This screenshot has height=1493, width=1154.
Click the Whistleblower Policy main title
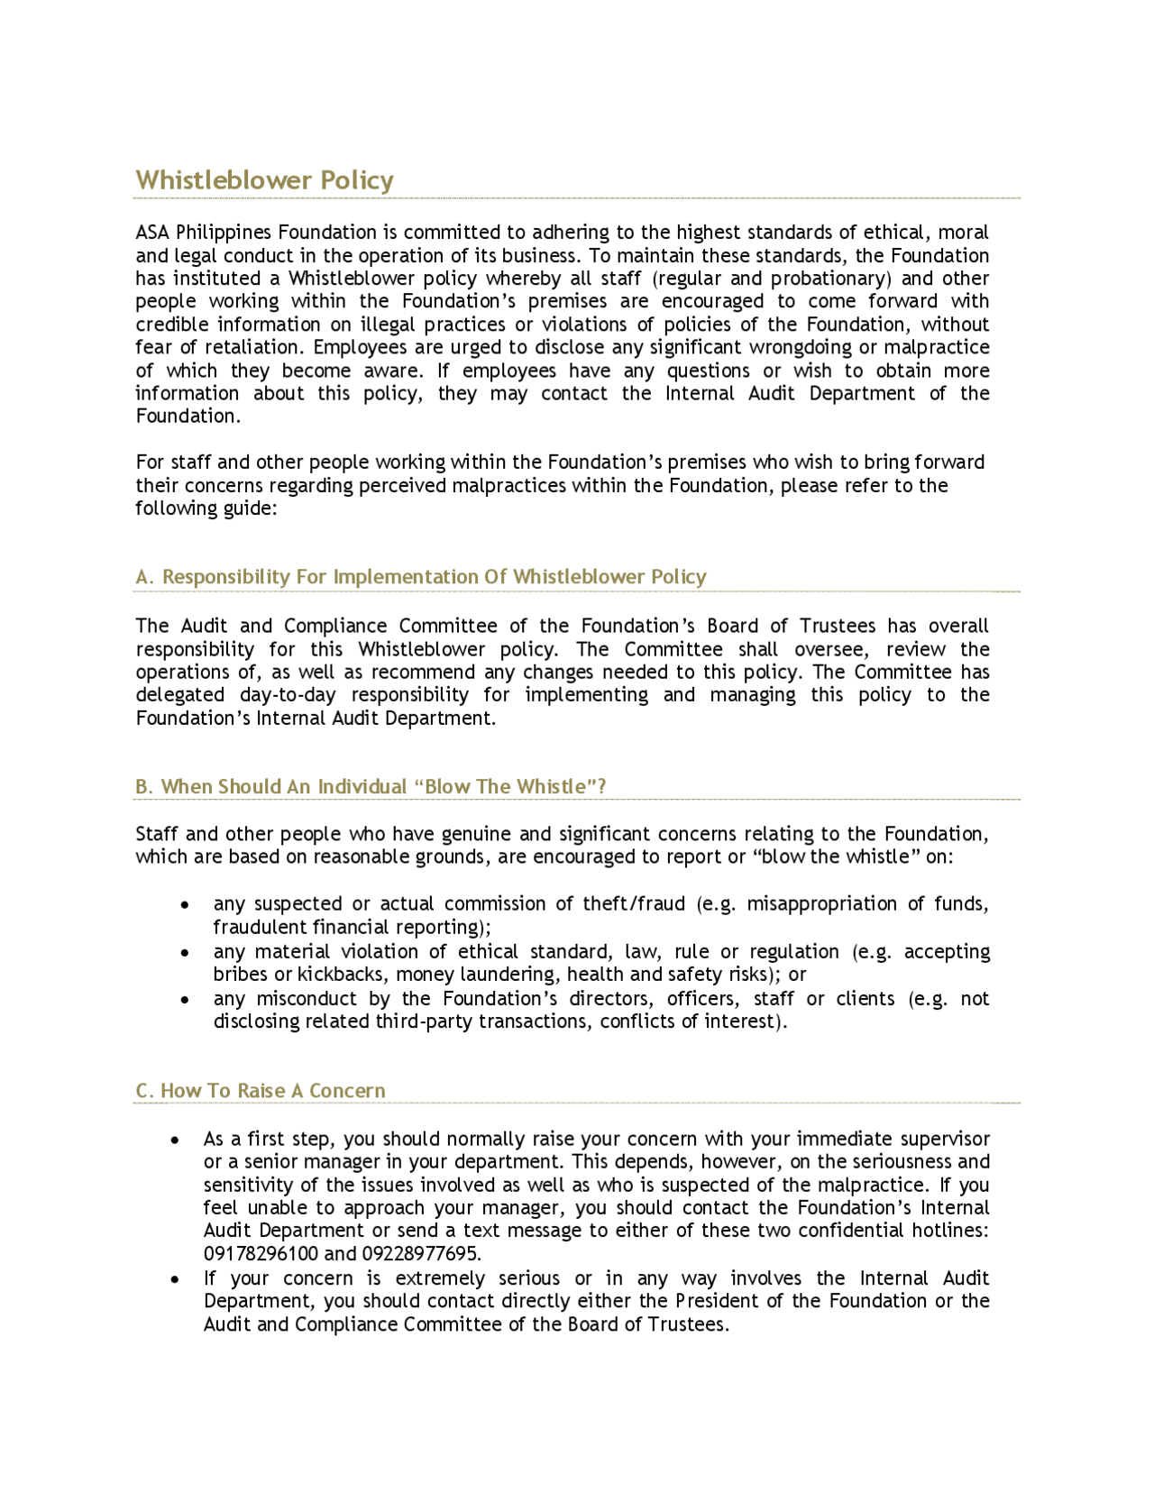pos(264,180)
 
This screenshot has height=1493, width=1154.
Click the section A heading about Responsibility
pos(420,577)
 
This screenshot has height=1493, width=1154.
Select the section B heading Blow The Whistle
pos(370,786)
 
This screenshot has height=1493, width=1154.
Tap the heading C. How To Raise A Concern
pos(260,1091)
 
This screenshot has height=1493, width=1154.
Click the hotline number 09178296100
pos(261,1254)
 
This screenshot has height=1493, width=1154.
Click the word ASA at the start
pos(152,233)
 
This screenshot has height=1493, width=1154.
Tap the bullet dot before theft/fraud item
pos(185,904)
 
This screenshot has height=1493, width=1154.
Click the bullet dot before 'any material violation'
pos(185,952)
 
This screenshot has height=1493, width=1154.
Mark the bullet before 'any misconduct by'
pos(185,999)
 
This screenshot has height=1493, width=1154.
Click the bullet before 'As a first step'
pos(175,1140)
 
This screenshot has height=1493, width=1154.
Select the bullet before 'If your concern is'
pos(175,1278)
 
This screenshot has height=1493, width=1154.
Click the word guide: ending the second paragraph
pos(250,508)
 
